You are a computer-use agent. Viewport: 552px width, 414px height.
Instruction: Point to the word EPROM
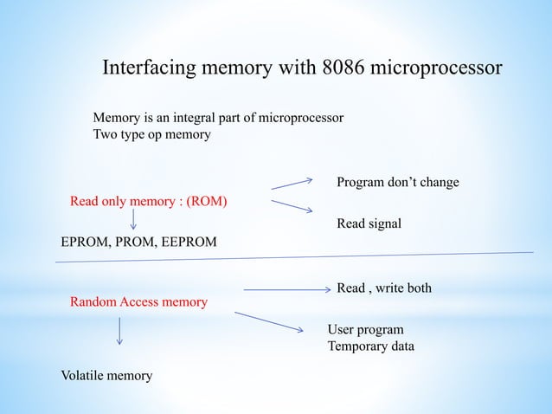[x=87, y=243]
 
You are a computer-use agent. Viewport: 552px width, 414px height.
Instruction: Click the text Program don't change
[x=397, y=183]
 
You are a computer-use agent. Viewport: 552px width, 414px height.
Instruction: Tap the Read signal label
[x=369, y=223]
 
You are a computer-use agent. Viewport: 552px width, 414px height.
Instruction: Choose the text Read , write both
[x=383, y=288]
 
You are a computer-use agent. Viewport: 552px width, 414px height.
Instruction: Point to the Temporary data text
[x=370, y=346]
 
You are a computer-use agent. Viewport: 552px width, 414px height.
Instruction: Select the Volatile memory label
[x=106, y=375]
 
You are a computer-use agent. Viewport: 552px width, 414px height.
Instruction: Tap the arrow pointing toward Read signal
[x=292, y=206]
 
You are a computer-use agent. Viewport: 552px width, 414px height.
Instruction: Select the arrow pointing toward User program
[x=269, y=321]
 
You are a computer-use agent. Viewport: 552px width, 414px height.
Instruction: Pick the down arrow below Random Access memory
[x=119, y=330]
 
